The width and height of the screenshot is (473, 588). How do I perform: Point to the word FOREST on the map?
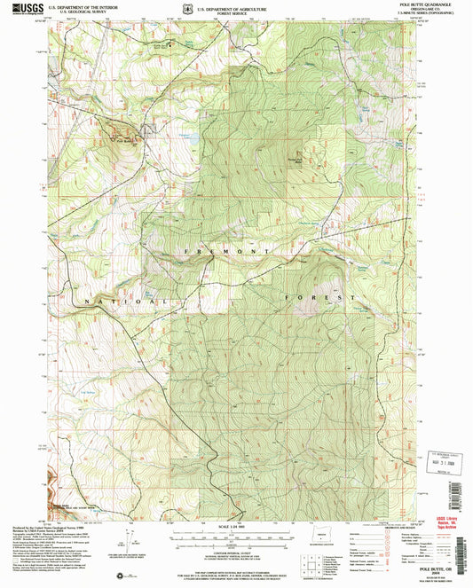(319, 296)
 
